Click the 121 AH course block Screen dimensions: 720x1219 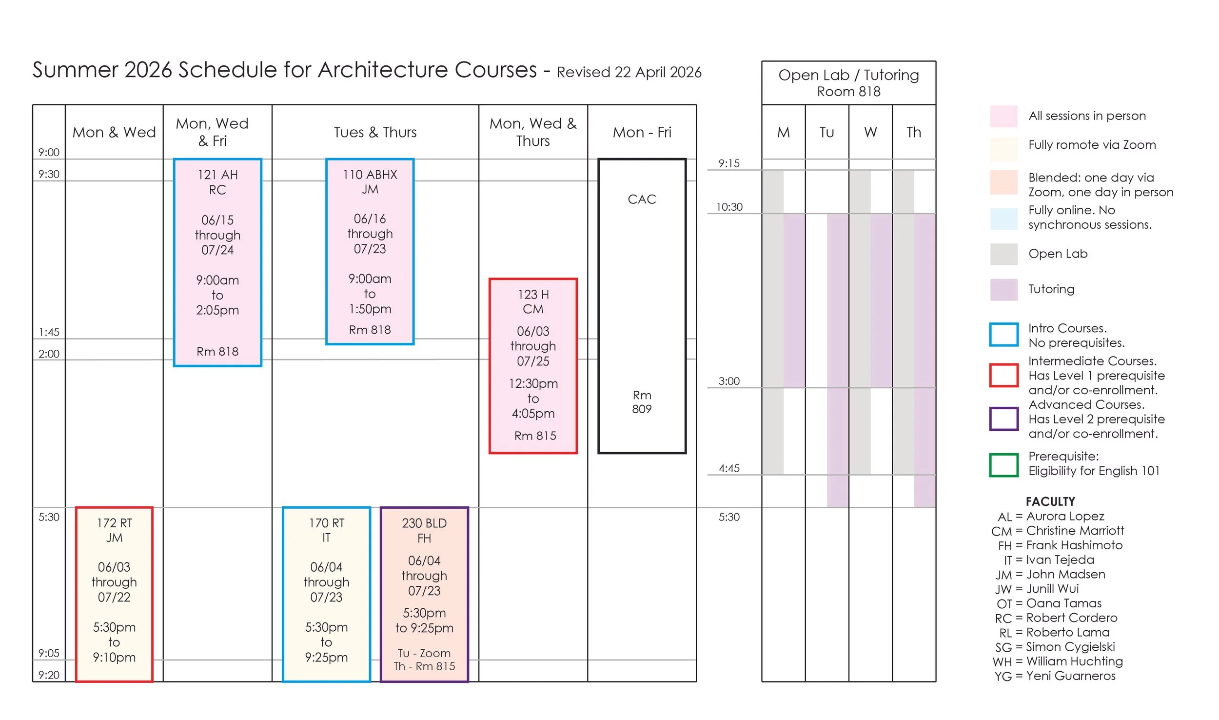tap(217, 262)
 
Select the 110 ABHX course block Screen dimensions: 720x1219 tap(370, 252)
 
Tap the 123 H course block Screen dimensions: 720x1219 tap(533, 366)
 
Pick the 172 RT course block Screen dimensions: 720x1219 tap(114, 594)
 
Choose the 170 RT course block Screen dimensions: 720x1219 tap(326, 594)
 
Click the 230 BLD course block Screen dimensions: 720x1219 tap(424, 594)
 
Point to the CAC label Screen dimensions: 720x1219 tap(642, 200)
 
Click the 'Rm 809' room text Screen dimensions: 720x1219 tap(642, 402)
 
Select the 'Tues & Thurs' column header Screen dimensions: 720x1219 tap(375, 132)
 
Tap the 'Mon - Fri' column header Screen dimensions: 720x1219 tap(642, 132)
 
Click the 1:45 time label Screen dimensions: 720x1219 tap(49, 332)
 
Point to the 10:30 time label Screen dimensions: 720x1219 tap(729, 207)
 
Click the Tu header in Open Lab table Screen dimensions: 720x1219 tap(826, 132)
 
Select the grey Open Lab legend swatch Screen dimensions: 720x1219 tap(1003, 254)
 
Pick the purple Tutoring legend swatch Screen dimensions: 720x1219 tap(1003, 289)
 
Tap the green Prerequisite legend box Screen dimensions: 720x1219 tap(1003, 464)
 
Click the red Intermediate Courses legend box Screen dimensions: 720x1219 tap(1003, 375)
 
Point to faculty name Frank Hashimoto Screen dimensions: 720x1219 tap(1074, 545)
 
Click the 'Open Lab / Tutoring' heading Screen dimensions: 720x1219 tap(848, 75)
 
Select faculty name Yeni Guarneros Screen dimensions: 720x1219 tap(1070, 676)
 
